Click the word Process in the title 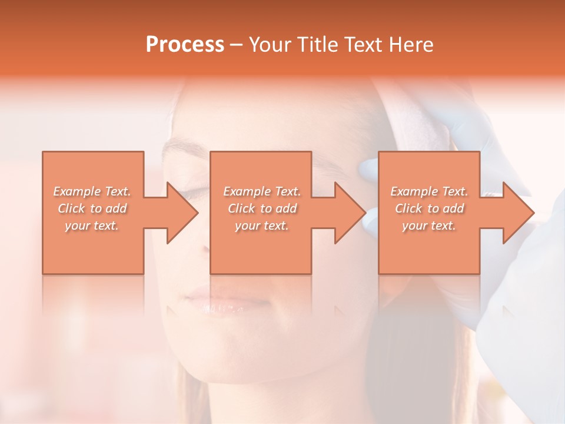(185, 45)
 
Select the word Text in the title (361, 45)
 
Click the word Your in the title (271, 45)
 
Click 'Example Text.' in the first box (92, 191)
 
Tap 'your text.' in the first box (92, 226)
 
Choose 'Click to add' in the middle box (262, 208)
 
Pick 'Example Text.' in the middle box (262, 191)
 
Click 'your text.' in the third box (429, 226)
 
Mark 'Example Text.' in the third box (429, 191)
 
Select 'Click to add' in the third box (429, 208)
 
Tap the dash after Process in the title (237, 45)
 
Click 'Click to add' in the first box (92, 208)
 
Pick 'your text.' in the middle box (262, 226)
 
